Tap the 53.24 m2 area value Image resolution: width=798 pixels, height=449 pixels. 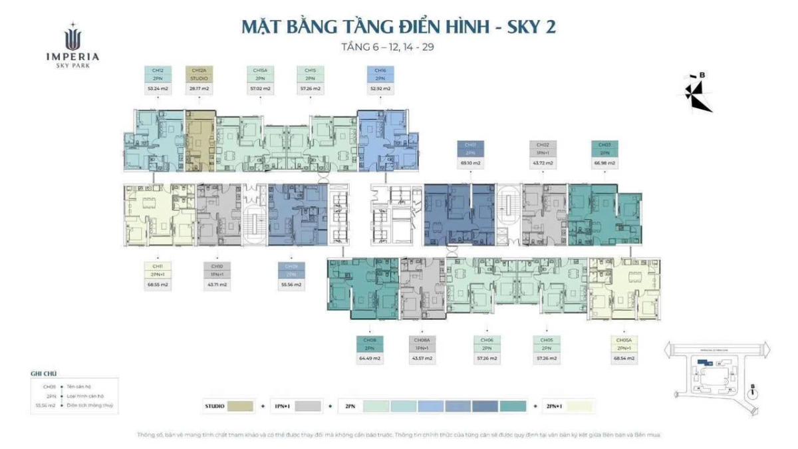[158, 88]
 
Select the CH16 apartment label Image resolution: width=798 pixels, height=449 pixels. [380, 74]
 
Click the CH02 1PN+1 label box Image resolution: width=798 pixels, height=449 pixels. [543, 148]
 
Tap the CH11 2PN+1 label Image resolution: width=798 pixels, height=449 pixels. [158, 269]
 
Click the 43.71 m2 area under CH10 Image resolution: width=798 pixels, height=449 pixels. [217, 284]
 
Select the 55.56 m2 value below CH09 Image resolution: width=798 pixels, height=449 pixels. [291, 284]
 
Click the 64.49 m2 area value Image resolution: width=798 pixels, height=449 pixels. [370, 358]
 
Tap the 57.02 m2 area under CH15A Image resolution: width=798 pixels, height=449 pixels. [260, 88]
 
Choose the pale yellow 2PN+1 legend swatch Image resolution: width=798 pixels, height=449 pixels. [577, 406]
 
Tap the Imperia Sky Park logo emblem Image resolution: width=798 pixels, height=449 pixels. [72, 36]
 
